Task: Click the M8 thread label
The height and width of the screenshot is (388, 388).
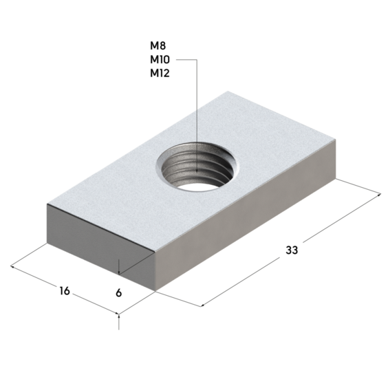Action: pyautogui.click(x=158, y=46)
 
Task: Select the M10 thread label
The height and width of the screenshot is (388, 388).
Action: pyautogui.click(x=160, y=60)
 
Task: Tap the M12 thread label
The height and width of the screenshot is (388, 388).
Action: pyautogui.click(x=160, y=73)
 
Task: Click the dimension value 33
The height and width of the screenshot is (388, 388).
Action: pyautogui.click(x=292, y=250)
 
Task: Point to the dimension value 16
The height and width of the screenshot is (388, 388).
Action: pyautogui.click(x=65, y=291)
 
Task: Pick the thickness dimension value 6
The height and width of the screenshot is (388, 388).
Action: pyautogui.click(x=119, y=293)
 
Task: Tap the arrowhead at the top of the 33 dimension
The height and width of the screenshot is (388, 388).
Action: pyautogui.click(x=379, y=195)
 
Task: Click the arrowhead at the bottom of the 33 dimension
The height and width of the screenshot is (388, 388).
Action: pyautogui.click(x=202, y=305)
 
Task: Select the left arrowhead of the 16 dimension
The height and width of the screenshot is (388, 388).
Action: pyautogui.click(x=12, y=266)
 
